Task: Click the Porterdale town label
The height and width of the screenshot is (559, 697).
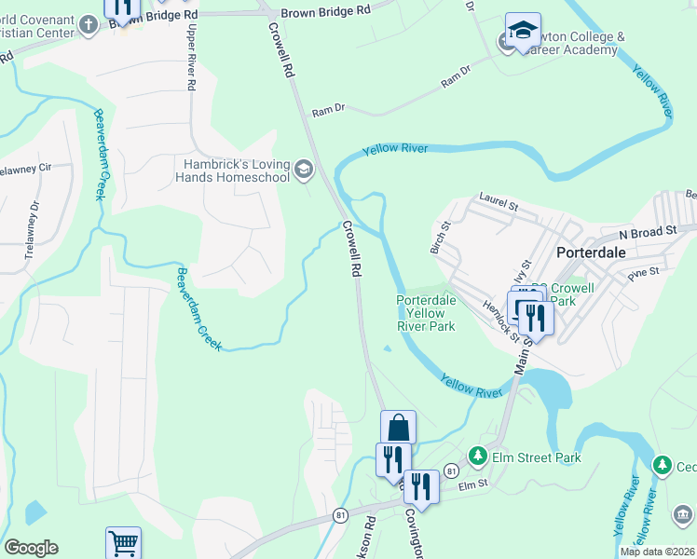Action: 596,252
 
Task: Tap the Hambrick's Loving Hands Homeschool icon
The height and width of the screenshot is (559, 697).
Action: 303,170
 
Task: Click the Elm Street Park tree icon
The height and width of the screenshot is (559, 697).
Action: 478,456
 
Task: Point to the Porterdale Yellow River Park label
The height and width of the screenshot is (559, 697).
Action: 426,314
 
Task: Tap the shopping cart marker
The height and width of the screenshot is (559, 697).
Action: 123,542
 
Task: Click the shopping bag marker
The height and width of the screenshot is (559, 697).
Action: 398,429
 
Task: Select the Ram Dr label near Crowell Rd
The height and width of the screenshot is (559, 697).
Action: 328,110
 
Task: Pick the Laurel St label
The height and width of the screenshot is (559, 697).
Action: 497,198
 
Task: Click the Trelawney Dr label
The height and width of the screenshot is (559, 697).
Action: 34,217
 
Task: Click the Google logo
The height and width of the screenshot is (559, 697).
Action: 31,548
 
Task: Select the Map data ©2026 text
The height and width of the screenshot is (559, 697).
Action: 657,552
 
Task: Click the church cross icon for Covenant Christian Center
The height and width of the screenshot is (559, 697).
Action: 89,24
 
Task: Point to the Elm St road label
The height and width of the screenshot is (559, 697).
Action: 472,484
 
